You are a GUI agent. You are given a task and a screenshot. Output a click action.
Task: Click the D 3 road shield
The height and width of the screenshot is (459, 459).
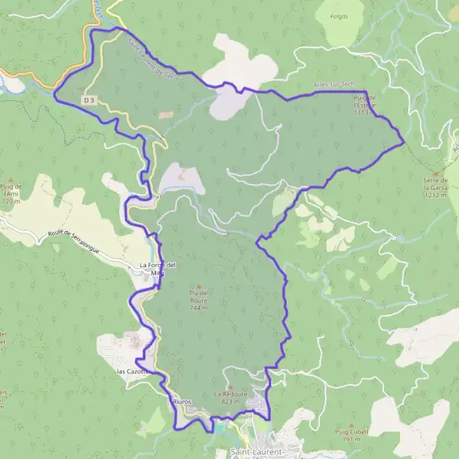pos(90,100)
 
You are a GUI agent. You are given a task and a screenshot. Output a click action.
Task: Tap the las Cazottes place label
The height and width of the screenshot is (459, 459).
pos(132,371)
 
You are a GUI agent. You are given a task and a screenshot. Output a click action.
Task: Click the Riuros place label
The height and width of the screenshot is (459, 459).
pos(181,401)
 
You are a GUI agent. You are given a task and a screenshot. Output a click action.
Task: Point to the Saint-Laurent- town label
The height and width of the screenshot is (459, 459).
pos(258,452)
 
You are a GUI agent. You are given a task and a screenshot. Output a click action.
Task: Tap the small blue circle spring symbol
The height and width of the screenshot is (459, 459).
pos(399,239)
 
